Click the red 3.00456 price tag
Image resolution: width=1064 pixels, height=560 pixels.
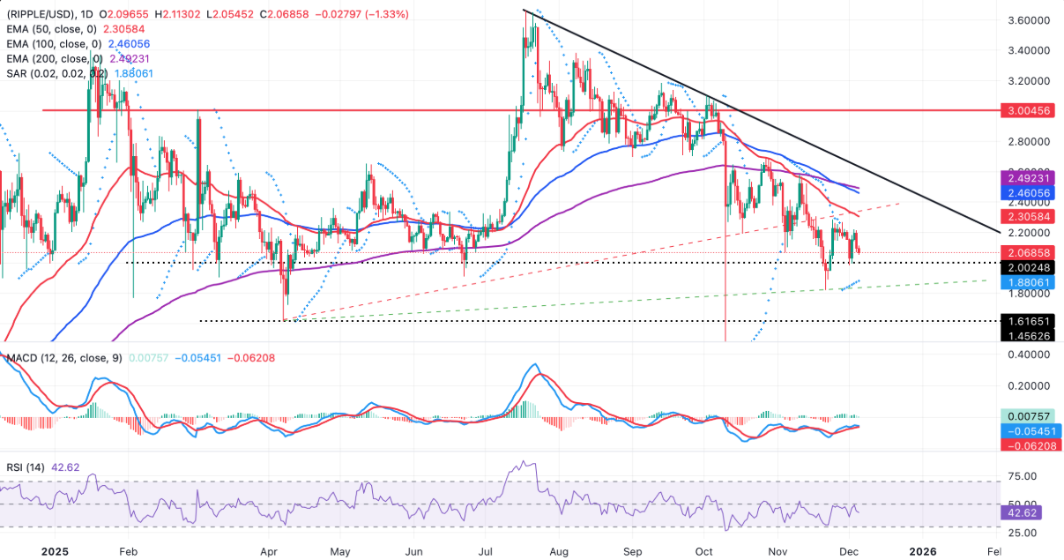click(x=1032, y=111)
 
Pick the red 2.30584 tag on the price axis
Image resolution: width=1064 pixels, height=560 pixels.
click(x=1032, y=215)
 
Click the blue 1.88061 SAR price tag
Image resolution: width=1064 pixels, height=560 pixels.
click(x=1032, y=282)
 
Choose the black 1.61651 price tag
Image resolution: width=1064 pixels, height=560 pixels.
click(x=1032, y=321)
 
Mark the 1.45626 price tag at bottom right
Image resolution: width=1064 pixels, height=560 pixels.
click(x=1032, y=336)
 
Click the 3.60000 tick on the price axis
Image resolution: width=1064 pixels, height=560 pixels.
click(x=1032, y=19)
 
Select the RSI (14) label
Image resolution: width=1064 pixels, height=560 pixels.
click(x=30, y=464)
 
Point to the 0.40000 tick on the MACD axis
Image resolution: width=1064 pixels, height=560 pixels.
click(x=1032, y=355)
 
